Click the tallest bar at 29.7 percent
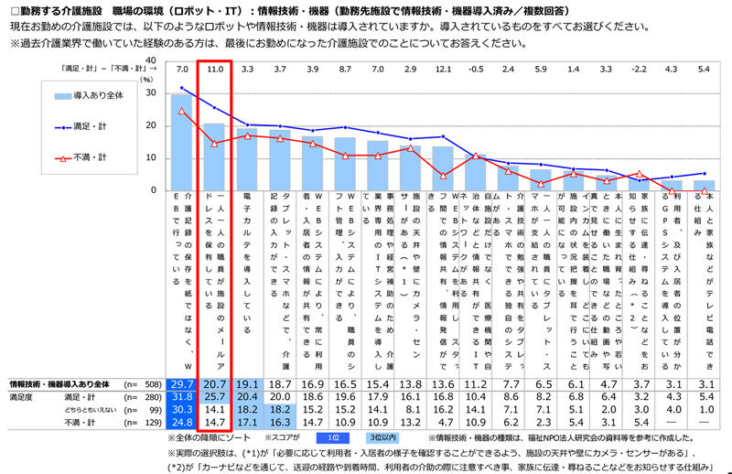[x=181, y=142]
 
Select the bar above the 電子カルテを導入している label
[x=247, y=159]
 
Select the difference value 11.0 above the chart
[x=215, y=70]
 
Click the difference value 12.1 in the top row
[x=444, y=70]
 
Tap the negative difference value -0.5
[x=476, y=70]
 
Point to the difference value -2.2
[x=640, y=70]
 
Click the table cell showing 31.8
[x=181, y=398]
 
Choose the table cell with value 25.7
[x=214, y=398]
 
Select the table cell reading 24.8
[x=181, y=424]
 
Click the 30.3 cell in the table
[x=181, y=411]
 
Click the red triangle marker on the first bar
[x=181, y=111]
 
